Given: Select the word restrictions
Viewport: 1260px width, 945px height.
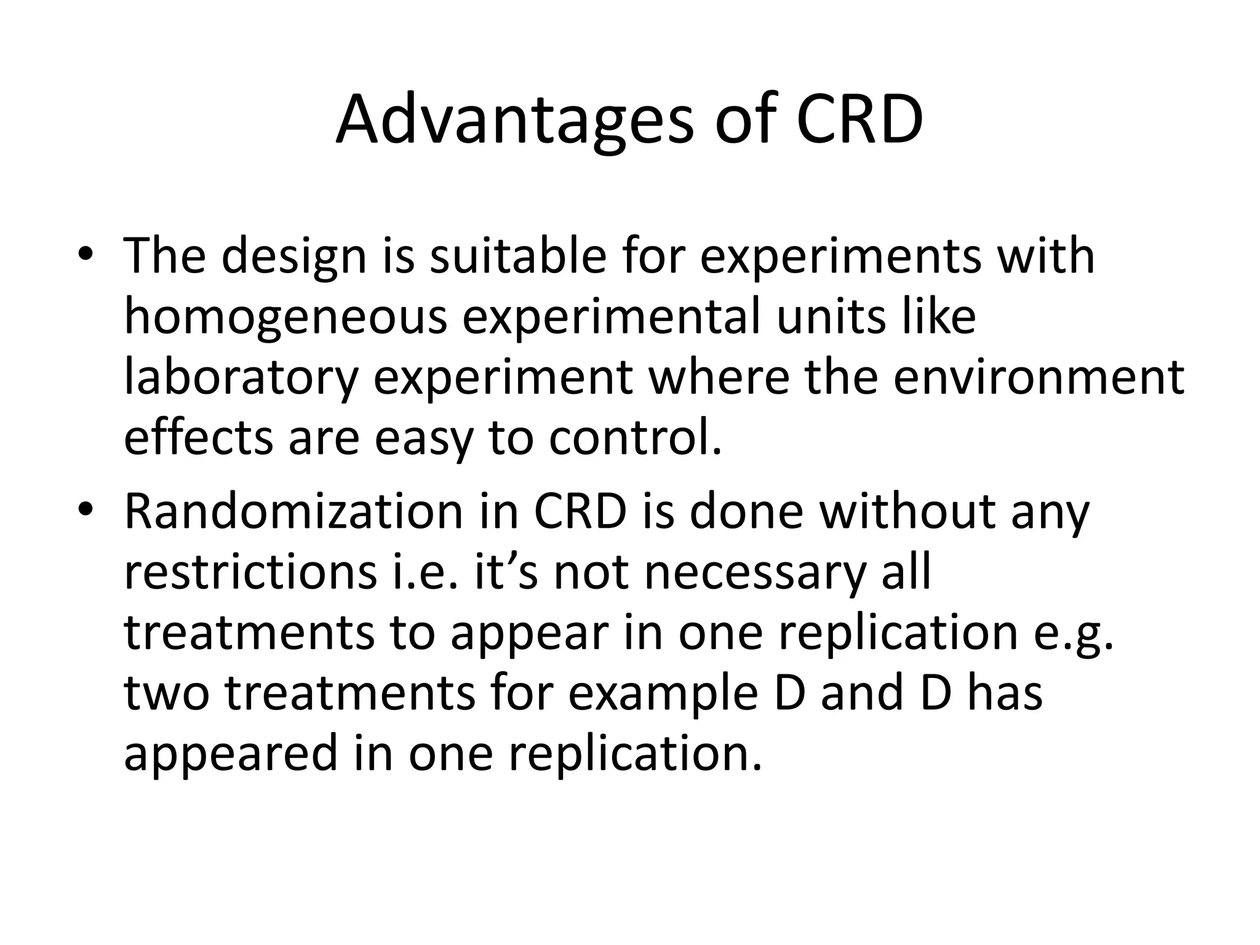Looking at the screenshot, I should pos(250,572).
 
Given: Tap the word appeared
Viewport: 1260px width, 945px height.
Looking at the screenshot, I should pos(231,753).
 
